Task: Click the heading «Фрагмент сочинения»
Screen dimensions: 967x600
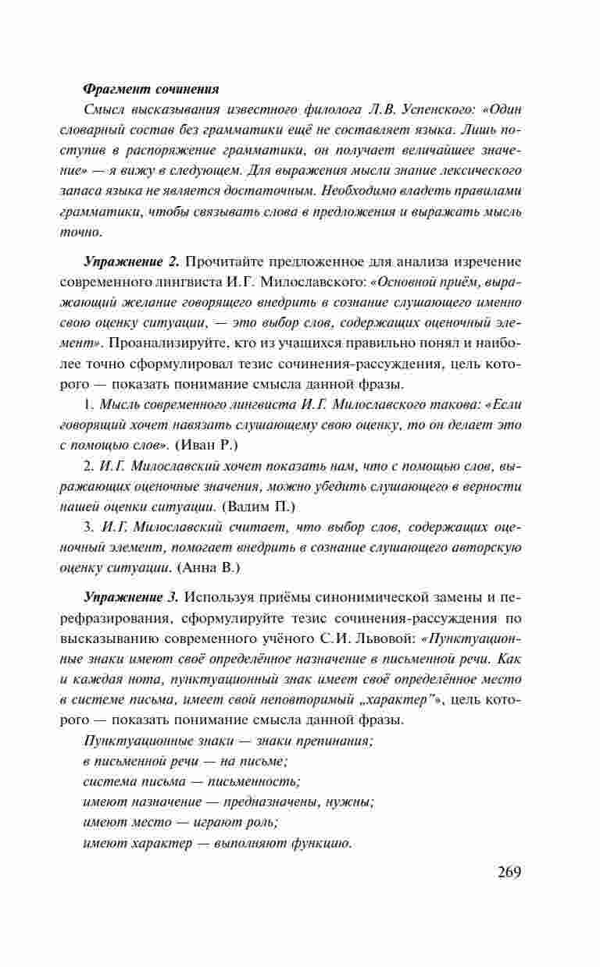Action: point(151,88)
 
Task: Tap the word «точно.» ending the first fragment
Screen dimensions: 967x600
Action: point(80,232)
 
